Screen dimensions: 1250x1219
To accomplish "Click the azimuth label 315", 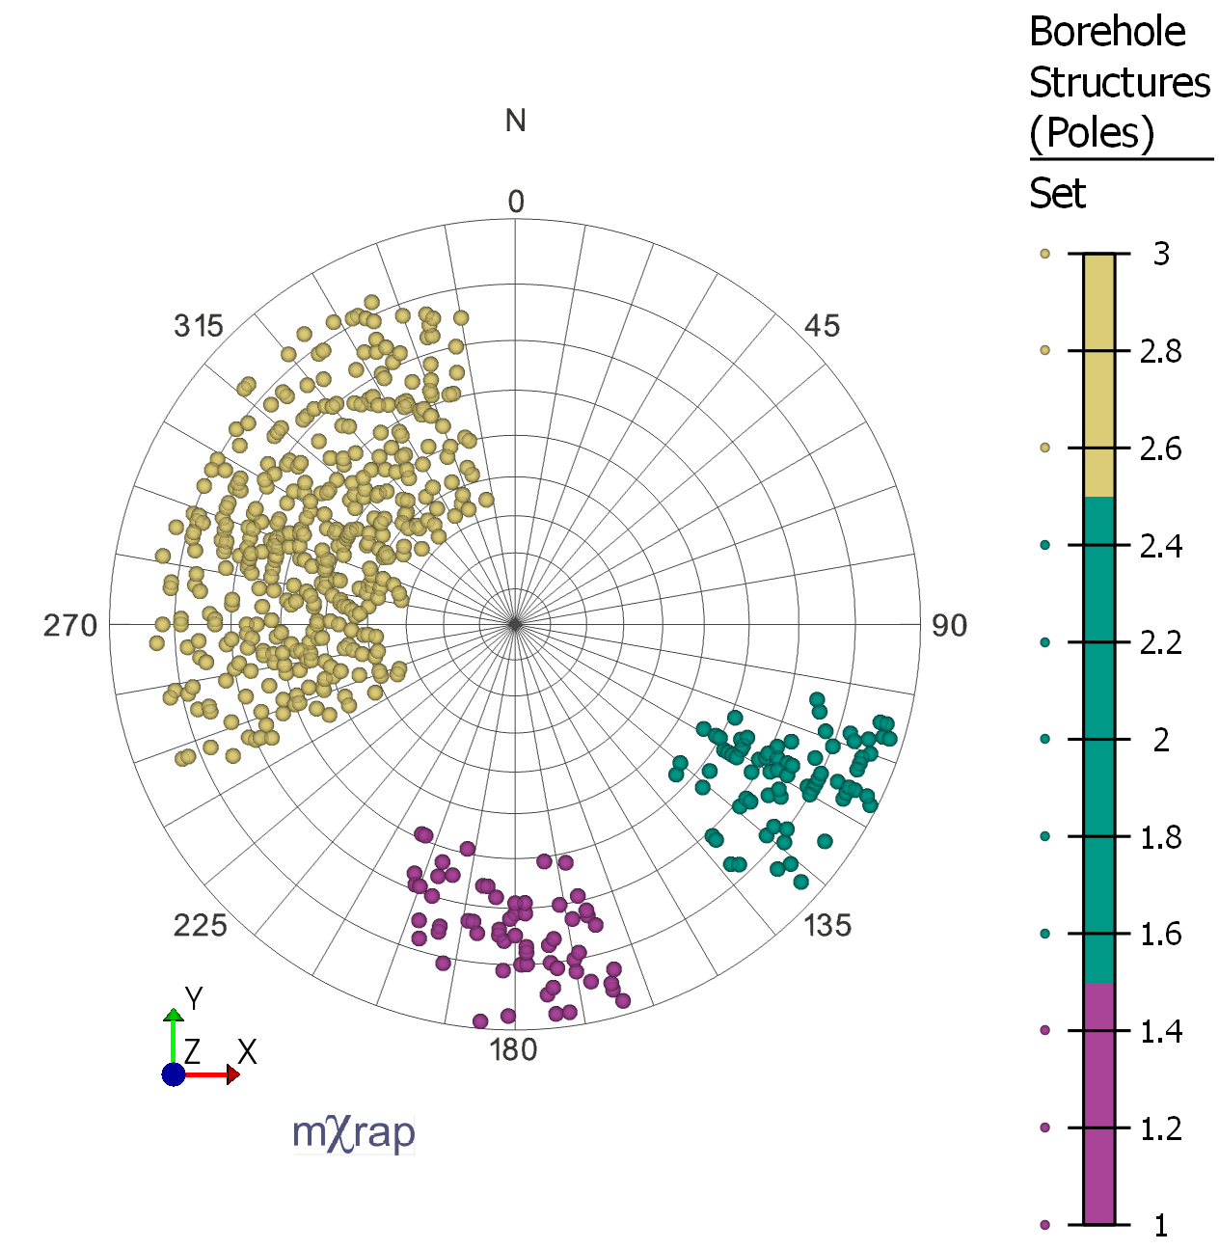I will coord(199,326).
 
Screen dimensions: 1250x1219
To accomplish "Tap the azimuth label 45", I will coord(822,326).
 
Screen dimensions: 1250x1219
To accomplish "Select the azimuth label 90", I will coord(949,626).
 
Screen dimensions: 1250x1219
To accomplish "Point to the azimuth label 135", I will coord(827,926).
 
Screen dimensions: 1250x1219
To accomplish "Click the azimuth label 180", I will coord(513,1049).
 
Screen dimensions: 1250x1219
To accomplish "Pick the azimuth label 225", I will coord(201,926).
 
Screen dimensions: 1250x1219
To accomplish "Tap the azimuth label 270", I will coord(70,626).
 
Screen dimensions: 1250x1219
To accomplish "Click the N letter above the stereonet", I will coord(515,121).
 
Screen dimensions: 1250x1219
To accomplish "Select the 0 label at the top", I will coord(516,202).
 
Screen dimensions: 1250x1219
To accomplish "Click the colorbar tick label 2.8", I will coord(1160,351).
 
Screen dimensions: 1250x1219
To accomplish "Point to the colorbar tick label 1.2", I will coord(1160,1128).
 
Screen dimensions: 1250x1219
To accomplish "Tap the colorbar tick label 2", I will coord(1161,740).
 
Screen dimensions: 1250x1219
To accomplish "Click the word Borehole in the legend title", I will coord(1107,32).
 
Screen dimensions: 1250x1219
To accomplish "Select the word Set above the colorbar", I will coord(1057,194).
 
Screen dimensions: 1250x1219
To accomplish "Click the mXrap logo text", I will coord(354,1132).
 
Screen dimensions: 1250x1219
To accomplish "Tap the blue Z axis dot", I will coord(174,1074).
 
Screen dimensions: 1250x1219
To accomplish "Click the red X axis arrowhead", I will coord(232,1074).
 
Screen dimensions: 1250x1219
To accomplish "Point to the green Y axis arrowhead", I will coord(174,1016).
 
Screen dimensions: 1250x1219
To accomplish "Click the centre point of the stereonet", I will coord(515,625).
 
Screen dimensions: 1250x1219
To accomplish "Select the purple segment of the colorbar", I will coord(1098,1103).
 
